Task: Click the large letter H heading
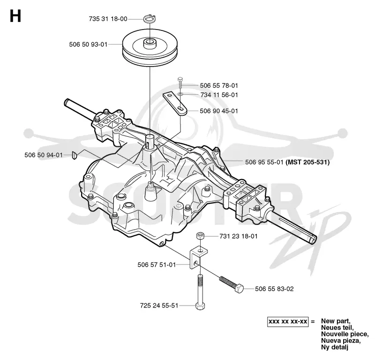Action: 15,16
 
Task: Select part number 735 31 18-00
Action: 108,19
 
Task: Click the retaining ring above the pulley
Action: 150,19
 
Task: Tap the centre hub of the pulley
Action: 150,44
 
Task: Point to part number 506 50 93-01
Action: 88,45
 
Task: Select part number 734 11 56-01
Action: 219,95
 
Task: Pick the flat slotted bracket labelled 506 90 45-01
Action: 175,104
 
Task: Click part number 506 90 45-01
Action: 219,111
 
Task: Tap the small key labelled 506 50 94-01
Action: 75,155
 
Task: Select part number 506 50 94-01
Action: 44,155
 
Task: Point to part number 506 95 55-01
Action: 264,162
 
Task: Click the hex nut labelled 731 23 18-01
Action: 200,236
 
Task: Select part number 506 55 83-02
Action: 274,289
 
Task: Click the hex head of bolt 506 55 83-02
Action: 239,289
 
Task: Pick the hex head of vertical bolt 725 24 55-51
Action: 200,306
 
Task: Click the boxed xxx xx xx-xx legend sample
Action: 288,322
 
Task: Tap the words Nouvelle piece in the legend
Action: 345,334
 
